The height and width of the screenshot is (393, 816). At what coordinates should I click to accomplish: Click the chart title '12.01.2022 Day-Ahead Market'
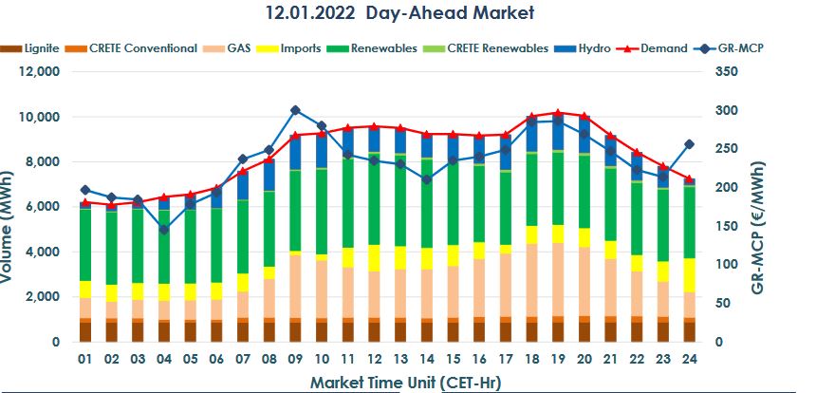pyautogui.click(x=399, y=13)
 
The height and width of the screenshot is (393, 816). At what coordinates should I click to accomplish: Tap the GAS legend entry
pyautogui.click(x=237, y=48)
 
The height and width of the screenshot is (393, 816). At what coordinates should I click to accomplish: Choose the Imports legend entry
pyautogui.click(x=302, y=48)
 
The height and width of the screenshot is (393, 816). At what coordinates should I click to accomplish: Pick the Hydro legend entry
pyautogui.click(x=593, y=48)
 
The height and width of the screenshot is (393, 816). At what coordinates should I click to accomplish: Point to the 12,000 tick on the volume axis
pyautogui.click(x=41, y=72)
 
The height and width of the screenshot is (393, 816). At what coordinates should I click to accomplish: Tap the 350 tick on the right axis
pyautogui.click(x=727, y=72)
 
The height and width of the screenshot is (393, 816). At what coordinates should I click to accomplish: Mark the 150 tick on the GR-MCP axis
pyautogui.click(x=727, y=226)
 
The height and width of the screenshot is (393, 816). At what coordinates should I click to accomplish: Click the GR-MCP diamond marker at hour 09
pyautogui.click(x=295, y=111)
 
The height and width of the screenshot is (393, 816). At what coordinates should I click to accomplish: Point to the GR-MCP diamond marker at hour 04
pyautogui.click(x=163, y=230)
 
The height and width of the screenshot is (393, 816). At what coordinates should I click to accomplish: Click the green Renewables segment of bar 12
pyautogui.click(x=374, y=199)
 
